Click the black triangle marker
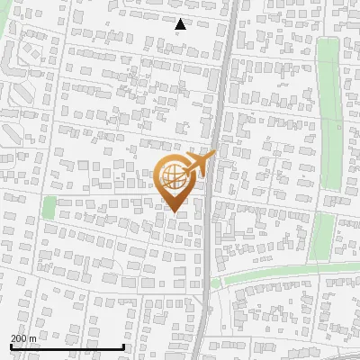[181, 24]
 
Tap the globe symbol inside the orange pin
[175, 176]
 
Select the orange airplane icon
[199, 165]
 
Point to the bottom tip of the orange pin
[174, 211]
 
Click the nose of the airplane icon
[214, 154]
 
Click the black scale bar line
[67, 346]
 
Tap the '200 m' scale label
[23, 337]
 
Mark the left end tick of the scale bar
[11, 345]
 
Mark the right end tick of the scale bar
[123, 345]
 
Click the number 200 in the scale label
[19, 337]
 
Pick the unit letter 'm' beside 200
[32, 338]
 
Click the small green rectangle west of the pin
[49, 207]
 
